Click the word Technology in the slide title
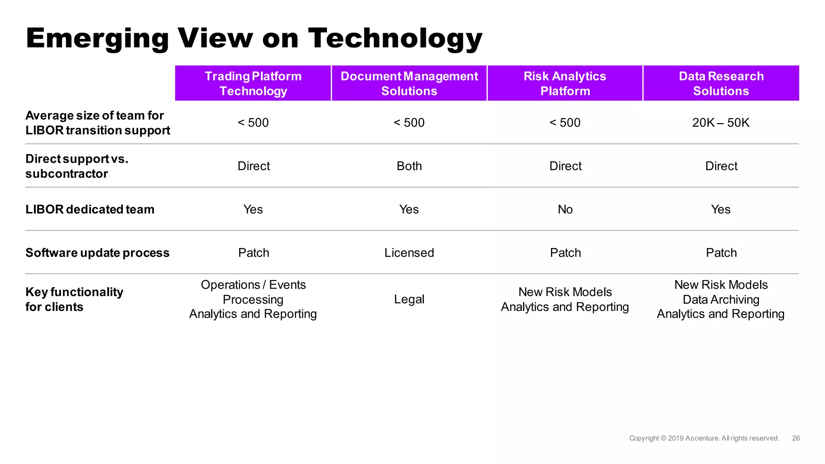tap(395, 39)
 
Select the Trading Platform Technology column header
tap(253, 83)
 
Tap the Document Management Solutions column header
tap(409, 83)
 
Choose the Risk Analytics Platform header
tap(565, 83)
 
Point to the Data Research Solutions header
tap(721, 83)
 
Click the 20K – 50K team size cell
tap(721, 122)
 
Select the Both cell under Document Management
tap(409, 166)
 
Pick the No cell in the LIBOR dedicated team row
tap(565, 209)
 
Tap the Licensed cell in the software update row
tap(409, 253)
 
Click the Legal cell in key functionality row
tap(409, 299)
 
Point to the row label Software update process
tap(97, 253)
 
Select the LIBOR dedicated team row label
tap(90, 209)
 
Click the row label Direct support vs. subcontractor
tap(77, 166)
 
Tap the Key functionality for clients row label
tap(74, 299)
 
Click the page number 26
tap(796, 438)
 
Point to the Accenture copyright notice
tap(704, 438)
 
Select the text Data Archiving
tap(721, 300)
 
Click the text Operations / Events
tap(253, 285)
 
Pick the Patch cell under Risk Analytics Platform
tap(565, 253)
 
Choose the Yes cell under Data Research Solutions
tap(721, 209)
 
